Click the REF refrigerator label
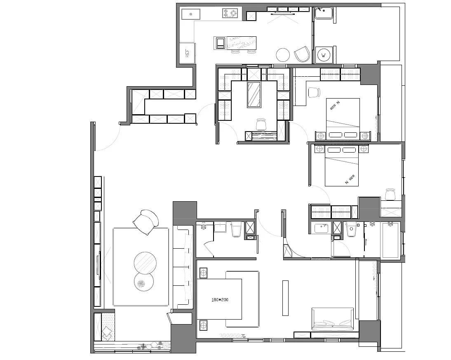pyautogui.click(x=188, y=53)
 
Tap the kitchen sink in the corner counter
pyautogui.click(x=191, y=14)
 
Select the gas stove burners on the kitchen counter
pyautogui.click(x=230, y=13)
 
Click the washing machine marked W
pyautogui.click(x=324, y=55)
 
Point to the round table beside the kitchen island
pyautogui.click(x=283, y=55)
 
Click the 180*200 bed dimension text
pyautogui.click(x=220, y=300)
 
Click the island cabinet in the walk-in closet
pyautogui.click(x=254, y=95)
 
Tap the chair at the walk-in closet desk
pyautogui.click(x=261, y=124)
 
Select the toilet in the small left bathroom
pyautogui.click(x=236, y=229)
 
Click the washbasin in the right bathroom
pyautogui.click(x=321, y=228)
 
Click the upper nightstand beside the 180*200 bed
pyautogui.click(x=203, y=273)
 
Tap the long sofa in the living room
pyautogui.click(x=183, y=267)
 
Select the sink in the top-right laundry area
pyautogui.click(x=324, y=13)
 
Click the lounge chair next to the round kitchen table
pyautogui.click(x=302, y=54)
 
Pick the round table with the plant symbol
pyautogui.click(x=144, y=282)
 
